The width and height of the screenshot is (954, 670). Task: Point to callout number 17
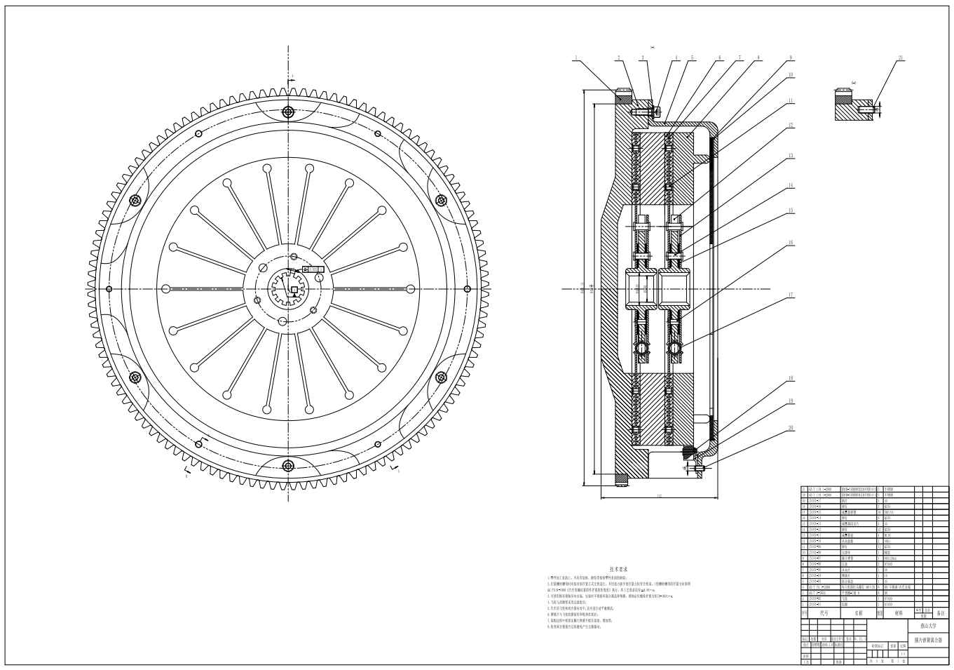click(790, 295)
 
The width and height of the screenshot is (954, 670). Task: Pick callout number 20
click(790, 427)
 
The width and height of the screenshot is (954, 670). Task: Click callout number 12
click(790, 126)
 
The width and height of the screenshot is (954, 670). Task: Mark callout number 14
click(790, 186)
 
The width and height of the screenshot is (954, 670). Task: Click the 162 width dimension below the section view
click(660, 496)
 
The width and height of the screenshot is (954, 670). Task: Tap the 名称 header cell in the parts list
click(859, 612)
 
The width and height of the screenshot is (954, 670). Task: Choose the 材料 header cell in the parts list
click(899, 612)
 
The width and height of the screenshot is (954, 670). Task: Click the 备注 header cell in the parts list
click(940, 612)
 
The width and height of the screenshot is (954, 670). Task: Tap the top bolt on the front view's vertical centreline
click(287, 112)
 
